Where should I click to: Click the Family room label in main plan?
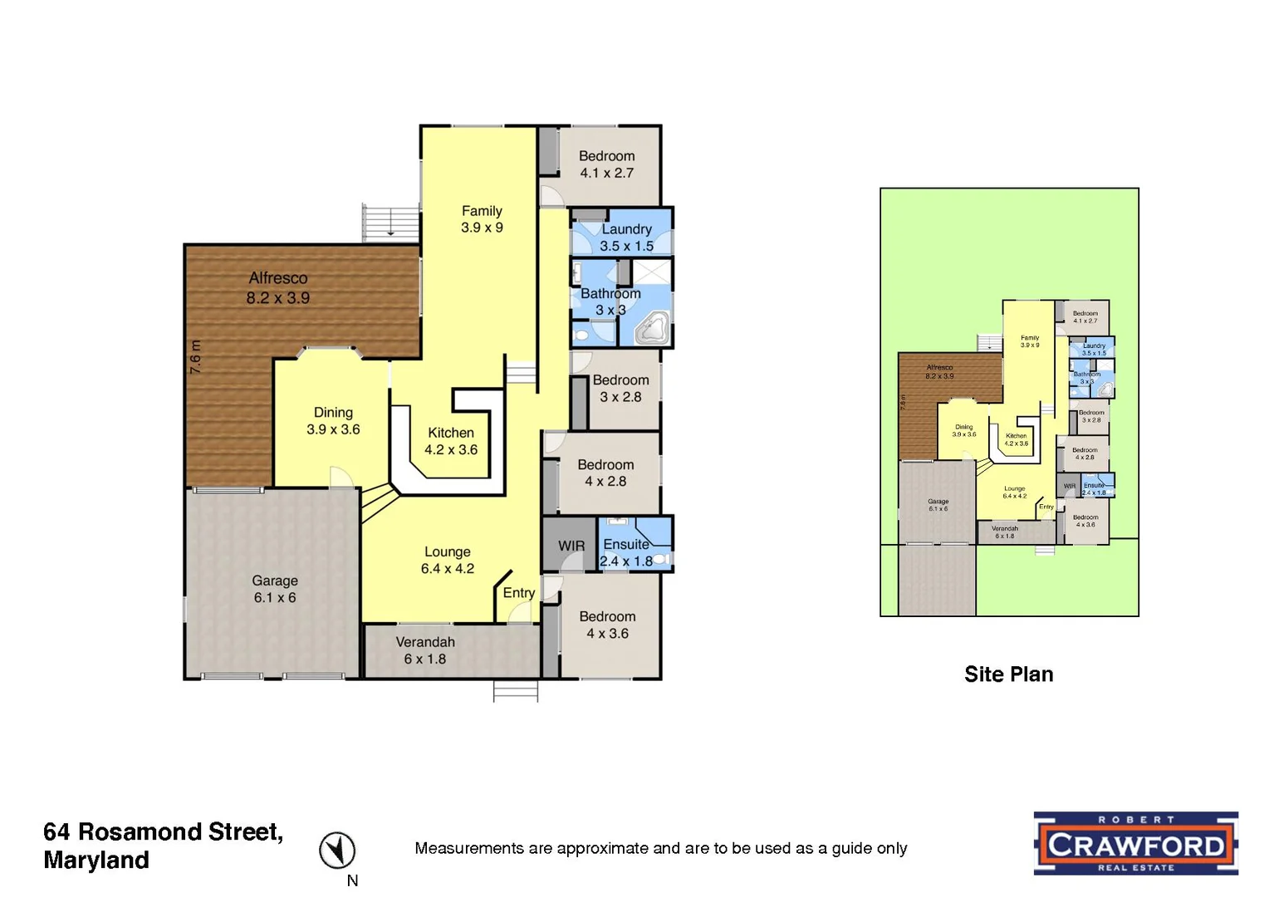pos(482,219)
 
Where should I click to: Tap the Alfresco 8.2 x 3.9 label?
pos(277,288)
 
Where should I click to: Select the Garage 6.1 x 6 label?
pos(275,589)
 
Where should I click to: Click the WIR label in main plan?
pos(571,546)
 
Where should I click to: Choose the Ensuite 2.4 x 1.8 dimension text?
pos(626,561)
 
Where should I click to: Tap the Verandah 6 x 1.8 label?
pos(425,650)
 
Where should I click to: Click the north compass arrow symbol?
pos(337,850)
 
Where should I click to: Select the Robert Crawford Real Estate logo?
pos(1135,843)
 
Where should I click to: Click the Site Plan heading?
pos(1008,674)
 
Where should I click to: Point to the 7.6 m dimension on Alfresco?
pos(195,356)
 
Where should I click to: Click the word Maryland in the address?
pos(96,860)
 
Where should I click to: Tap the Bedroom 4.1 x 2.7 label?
pos(606,164)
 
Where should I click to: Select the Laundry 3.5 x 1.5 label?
pos(626,238)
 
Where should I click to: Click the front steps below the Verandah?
pos(515,691)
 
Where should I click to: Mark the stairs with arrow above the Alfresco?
pos(390,223)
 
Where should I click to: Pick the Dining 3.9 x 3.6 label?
pos(333,421)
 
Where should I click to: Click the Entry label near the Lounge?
pos(518,593)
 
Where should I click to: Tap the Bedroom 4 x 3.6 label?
pos(607,625)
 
